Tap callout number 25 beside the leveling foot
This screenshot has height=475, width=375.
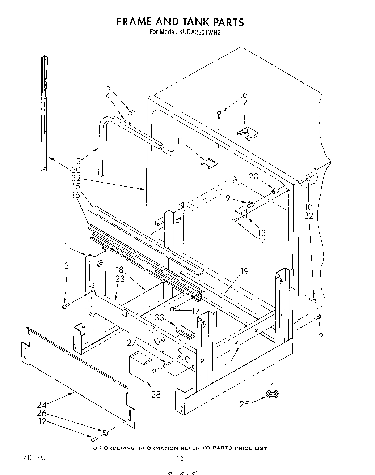[x=244, y=404]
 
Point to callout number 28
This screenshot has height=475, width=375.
[x=156, y=394]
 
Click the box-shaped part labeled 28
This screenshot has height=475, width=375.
[x=140, y=365]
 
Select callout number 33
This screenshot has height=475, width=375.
[x=159, y=317]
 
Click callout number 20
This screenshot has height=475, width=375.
[x=254, y=176]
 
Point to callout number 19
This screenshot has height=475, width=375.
[x=245, y=271]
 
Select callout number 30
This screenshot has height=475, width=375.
[x=76, y=170]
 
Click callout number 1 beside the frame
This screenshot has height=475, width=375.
[x=66, y=247]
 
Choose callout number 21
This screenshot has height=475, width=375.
[x=228, y=366]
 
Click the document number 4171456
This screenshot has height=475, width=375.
[x=32, y=458]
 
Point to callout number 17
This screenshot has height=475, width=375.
[x=196, y=310]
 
